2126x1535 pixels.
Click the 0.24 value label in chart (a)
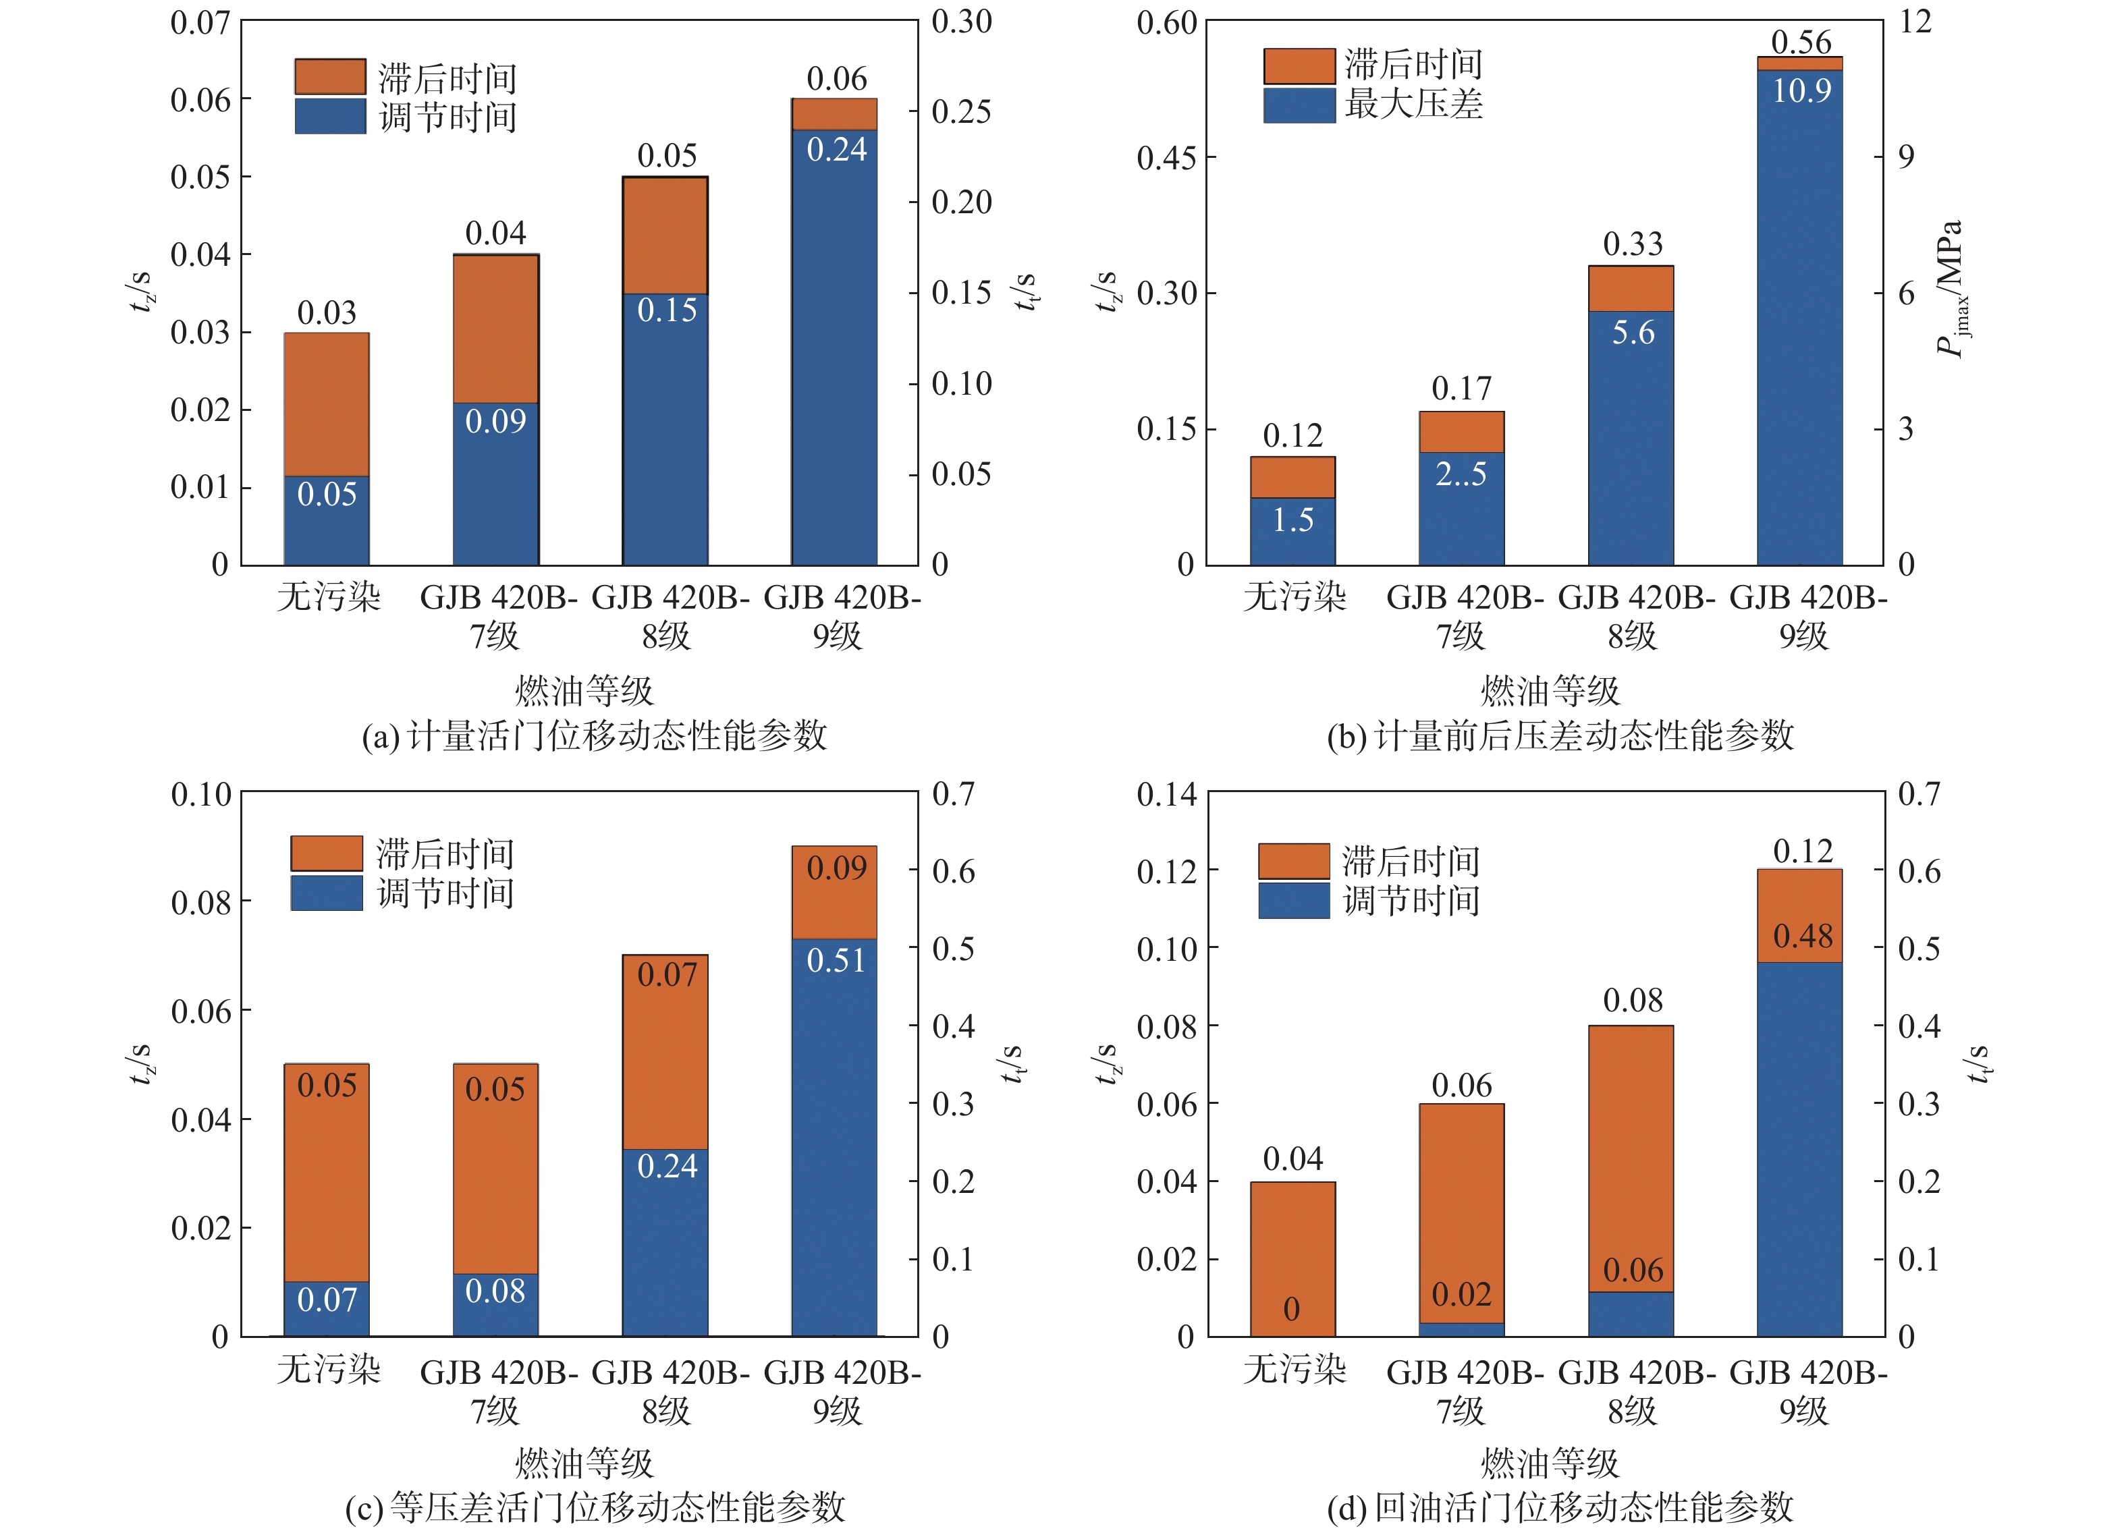(836, 150)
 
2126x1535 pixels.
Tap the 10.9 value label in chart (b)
(1801, 91)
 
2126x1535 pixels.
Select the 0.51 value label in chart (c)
(836, 961)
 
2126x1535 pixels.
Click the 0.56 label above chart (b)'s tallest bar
(1801, 42)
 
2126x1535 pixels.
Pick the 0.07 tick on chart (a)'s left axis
(200, 22)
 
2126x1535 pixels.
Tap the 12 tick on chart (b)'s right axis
(1915, 22)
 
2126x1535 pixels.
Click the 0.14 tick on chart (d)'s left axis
(1166, 795)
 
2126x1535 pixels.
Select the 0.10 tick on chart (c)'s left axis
(200, 795)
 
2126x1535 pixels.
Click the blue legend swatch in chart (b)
(1299, 105)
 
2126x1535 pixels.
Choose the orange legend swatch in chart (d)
(1294, 860)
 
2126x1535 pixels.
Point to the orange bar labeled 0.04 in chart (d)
(1292, 1237)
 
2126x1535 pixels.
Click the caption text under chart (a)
(595, 735)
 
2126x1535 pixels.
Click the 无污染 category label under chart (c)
(328, 1369)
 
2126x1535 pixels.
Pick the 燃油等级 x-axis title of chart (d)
(1550, 1463)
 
